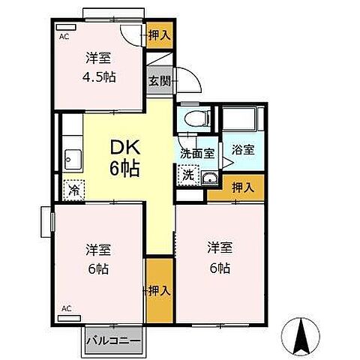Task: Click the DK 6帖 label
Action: [x=124, y=157]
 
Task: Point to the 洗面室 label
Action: [x=196, y=153]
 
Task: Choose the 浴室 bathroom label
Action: [x=242, y=148]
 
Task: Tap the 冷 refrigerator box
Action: [x=75, y=190]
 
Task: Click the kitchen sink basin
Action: [x=73, y=157]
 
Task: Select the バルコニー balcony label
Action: [x=112, y=341]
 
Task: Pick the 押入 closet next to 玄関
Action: [x=158, y=35]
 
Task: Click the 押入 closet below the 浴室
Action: [x=236, y=187]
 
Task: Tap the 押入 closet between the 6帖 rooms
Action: [x=157, y=289]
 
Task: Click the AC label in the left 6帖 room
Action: [x=66, y=308]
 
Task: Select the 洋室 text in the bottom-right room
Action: [x=219, y=246]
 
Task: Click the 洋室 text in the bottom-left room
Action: [x=97, y=249]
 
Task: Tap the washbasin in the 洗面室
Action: [x=209, y=178]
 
